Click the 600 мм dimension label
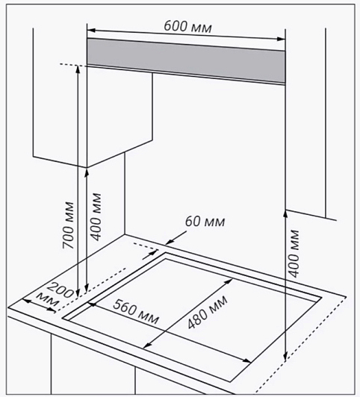(x=187, y=26)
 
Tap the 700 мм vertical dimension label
(x=69, y=225)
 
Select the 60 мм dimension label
(x=205, y=222)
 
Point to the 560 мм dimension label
(x=136, y=312)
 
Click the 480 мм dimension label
(x=208, y=312)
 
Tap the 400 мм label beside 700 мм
(x=96, y=216)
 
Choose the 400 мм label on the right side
(x=294, y=254)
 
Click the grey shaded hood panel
(x=186, y=60)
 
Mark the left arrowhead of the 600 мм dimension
(x=90, y=31)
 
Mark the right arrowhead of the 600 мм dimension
(x=282, y=39)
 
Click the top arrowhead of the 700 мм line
(x=78, y=69)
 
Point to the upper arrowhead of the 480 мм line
(x=229, y=281)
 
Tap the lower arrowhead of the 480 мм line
(x=147, y=345)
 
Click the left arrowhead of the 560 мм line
(x=92, y=304)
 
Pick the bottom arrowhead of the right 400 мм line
(x=285, y=356)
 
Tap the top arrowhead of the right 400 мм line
(x=285, y=214)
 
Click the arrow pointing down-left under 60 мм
(x=176, y=238)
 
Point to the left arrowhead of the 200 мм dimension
(x=26, y=301)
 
